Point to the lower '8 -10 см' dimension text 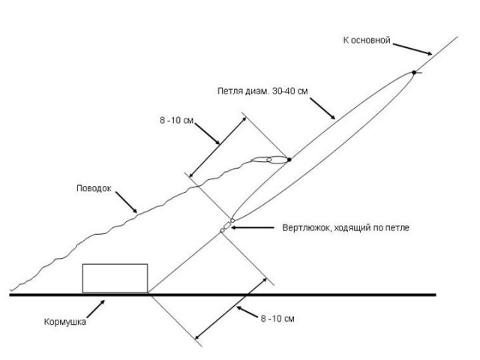pos(277,319)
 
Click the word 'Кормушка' pos(64,322)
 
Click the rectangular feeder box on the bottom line pos(115,277)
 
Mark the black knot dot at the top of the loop pos(414,73)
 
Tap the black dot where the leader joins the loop pos(289,159)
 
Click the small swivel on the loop pos(227,226)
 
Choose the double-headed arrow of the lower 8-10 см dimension pos(230,309)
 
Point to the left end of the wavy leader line pos(11,289)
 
